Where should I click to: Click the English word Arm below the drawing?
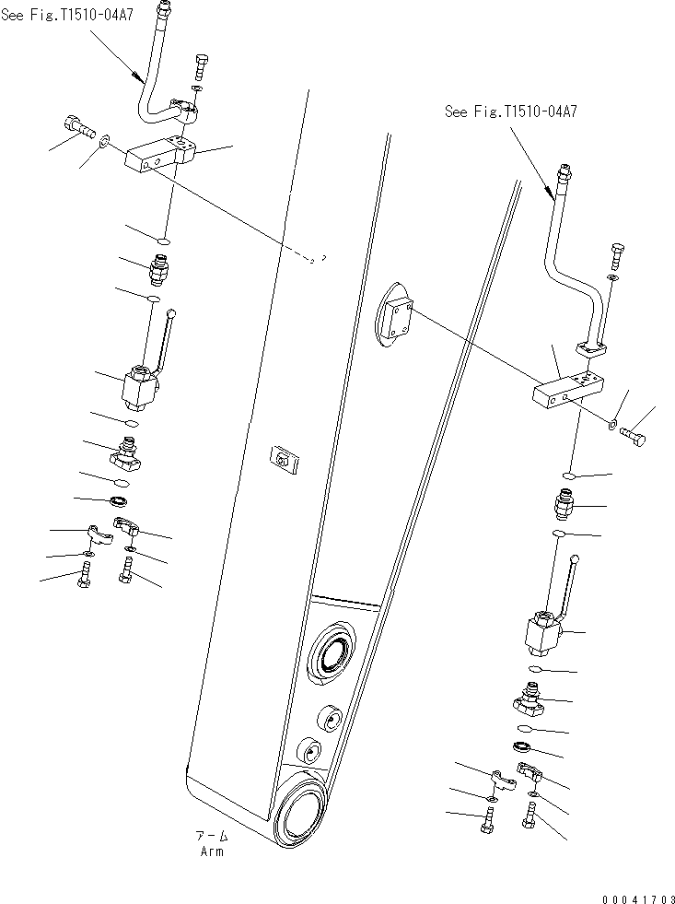(212, 851)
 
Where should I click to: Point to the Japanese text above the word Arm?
(212, 836)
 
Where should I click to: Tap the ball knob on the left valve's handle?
(174, 315)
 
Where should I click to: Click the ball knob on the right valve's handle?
(576, 558)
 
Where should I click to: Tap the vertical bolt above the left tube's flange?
(202, 67)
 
